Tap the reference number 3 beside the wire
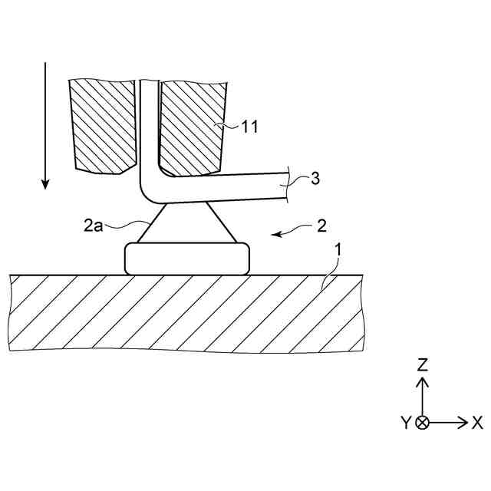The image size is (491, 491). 316,180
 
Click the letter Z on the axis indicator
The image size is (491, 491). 422,365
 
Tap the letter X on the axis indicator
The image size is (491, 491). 476,423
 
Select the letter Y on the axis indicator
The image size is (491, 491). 406,423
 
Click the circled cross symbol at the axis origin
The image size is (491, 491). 422,423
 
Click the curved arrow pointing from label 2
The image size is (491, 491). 290,231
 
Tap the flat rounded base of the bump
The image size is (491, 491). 187,258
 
